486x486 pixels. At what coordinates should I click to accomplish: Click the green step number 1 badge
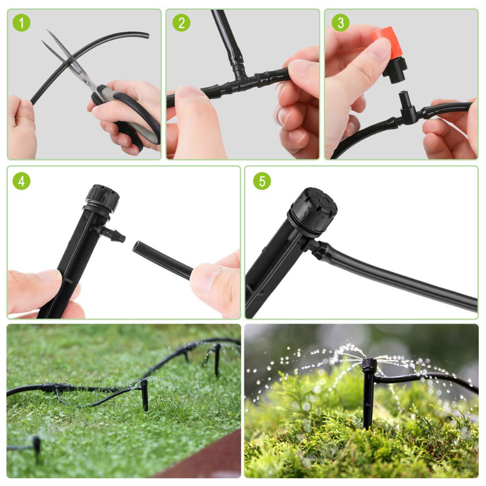coord(22,23)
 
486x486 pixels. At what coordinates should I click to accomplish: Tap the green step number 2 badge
coord(181,23)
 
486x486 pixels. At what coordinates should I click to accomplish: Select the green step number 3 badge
coord(340,23)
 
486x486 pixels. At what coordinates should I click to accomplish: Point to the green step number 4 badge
coord(21,181)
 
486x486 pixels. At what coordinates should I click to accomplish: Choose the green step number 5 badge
coord(262,181)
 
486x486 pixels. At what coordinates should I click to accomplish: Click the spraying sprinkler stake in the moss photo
coord(369,389)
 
